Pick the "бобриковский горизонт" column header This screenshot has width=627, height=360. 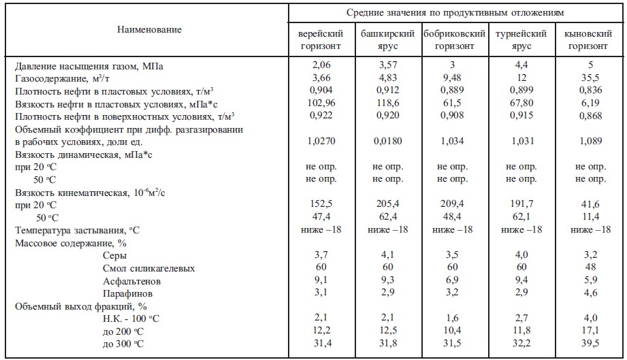(x=454, y=40)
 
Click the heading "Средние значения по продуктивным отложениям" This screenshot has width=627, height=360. (x=455, y=12)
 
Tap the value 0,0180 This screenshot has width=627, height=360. (x=387, y=141)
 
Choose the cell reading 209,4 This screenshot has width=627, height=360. (x=454, y=204)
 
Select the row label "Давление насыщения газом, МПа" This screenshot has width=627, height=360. (x=89, y=66)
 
